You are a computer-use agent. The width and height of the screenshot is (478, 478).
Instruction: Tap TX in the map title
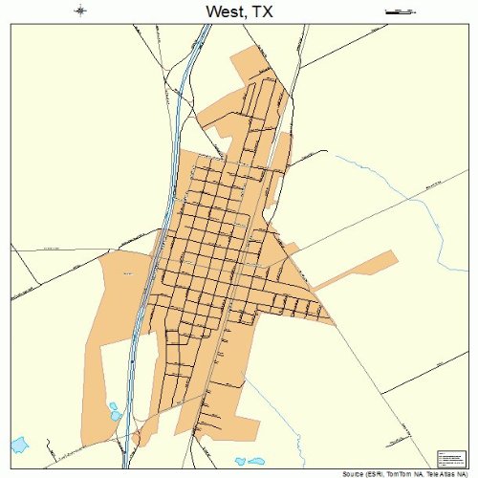point(263,12)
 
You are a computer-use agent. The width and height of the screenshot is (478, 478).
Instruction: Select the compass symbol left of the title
point(81,11)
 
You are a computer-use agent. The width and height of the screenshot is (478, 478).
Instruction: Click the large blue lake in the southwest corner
point(19,445)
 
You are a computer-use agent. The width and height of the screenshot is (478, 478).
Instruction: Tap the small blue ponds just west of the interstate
point(114,411)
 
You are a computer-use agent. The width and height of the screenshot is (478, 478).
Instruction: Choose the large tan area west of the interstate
point(110,315)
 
